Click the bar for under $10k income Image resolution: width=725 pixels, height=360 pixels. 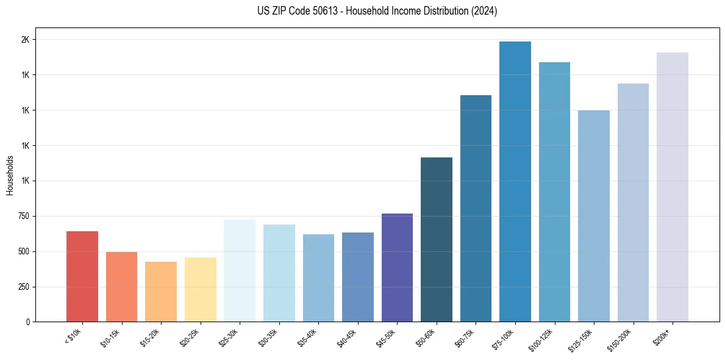click(x=82, y=276)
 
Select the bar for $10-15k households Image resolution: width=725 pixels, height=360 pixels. click(x=121, y=287)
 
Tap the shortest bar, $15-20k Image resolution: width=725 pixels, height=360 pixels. click(x=161, y=292)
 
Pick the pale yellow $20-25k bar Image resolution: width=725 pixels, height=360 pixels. click(x=201, y=290)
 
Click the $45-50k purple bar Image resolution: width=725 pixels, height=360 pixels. click(x=397, y=267)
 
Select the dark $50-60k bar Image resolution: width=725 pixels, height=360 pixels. click(x=437, y=239)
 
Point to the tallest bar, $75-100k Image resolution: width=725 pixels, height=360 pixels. click(x=515, y=181)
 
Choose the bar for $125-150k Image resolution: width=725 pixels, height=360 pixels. click(x=594, y=216)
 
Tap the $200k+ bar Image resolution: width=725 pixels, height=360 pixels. click(x=673, y=187)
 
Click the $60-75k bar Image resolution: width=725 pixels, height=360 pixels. click(x=476, y=208)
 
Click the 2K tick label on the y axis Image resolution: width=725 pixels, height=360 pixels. click(x=25, y=40)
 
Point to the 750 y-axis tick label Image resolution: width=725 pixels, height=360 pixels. click(x=23, y=217)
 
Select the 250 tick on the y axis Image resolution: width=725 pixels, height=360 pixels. click(x=23, y=287)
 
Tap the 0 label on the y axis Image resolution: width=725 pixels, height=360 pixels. click(x=27, y=322)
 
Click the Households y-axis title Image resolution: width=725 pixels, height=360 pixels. click(x=10, y=175)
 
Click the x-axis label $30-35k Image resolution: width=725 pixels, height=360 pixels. click(x=268, y=337)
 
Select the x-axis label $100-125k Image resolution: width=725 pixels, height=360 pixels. click(x=542, y=339)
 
